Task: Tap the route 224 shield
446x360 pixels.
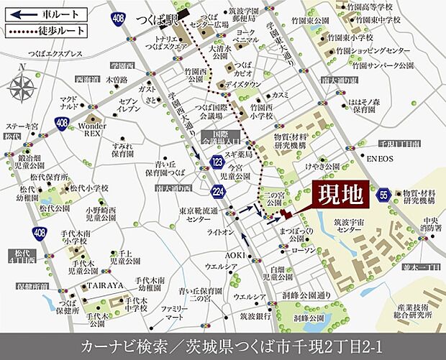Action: click(x=217, y=191)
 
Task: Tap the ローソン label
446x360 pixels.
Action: click(x=302, y=251)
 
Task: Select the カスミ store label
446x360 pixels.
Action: click(x=281, y=94)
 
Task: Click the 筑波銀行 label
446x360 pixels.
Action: click(x=254, y=315)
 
